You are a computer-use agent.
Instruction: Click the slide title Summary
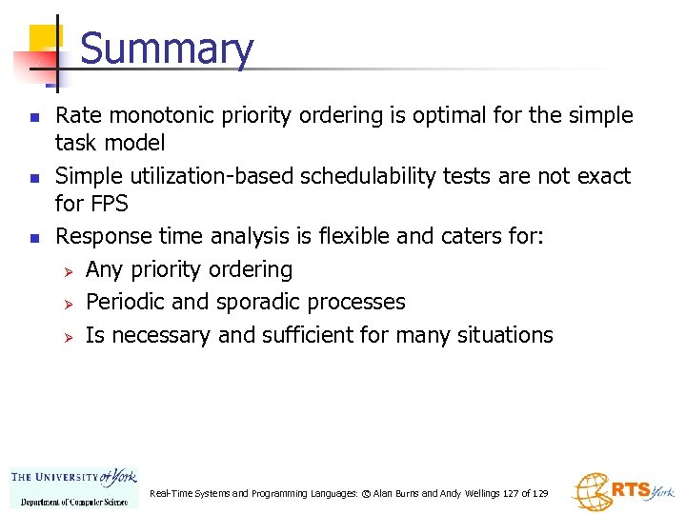(167, 49)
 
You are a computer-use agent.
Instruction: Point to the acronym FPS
(107, 205)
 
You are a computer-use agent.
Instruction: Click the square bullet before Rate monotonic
(33, 118)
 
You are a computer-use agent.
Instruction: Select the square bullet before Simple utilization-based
(33, 178)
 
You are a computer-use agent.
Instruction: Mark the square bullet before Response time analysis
(33, 238)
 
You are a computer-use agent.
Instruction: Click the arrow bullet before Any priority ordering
(66, 270)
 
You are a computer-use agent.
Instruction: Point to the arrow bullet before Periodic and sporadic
(66, 303)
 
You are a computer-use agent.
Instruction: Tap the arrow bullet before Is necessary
(66, 336)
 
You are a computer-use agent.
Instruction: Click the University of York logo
(73, 487)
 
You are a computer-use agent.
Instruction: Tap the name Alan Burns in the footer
(394, 494)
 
